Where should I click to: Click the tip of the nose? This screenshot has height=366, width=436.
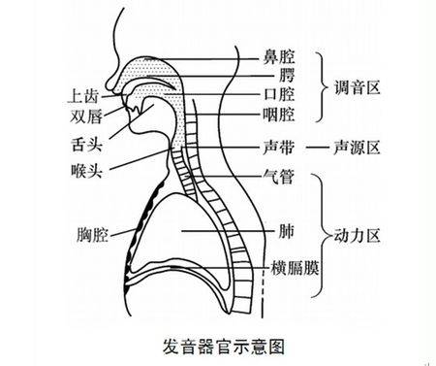tap(109, 83)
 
